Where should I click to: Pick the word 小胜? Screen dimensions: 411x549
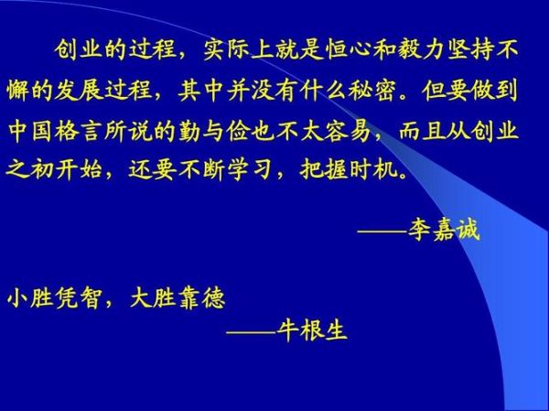32,298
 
